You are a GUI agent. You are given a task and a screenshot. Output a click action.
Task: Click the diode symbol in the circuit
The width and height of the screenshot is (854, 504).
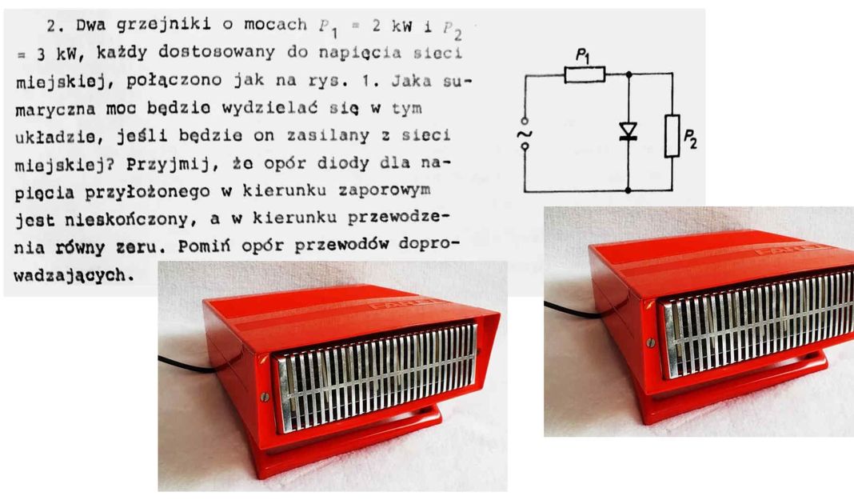[x=628, y=131]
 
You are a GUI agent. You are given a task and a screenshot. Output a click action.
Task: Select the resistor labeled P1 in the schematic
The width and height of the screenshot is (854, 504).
[x=585, y=74]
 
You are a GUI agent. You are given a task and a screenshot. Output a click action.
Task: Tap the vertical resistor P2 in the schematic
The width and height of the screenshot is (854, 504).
[x=672, y=136]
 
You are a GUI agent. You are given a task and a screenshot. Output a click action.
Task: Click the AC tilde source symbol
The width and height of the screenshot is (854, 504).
[x=525, y=134]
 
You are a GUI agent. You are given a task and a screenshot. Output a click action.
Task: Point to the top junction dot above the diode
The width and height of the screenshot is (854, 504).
[x=629, y=74]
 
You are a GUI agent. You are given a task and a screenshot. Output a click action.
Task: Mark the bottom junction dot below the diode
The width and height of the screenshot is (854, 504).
[x=628, y=190]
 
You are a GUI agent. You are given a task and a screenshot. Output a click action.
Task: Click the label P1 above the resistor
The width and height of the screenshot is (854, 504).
[x=583, y=55]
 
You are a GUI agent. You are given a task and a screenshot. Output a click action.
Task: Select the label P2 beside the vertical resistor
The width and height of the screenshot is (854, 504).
[x=690, y=138]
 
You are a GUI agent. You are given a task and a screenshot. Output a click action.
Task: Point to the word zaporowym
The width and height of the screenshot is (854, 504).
[x=385, y=190]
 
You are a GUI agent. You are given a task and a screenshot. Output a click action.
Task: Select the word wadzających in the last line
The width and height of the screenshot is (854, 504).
[x=74, y=276]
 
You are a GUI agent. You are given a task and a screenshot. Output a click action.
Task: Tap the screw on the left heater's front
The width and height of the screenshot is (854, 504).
[x=265, y=397]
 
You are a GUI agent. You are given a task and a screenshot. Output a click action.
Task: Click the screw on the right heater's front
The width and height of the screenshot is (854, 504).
[x=650, y=342]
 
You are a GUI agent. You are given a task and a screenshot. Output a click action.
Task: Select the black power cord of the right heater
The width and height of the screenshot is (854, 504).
[x=572, y=310]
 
